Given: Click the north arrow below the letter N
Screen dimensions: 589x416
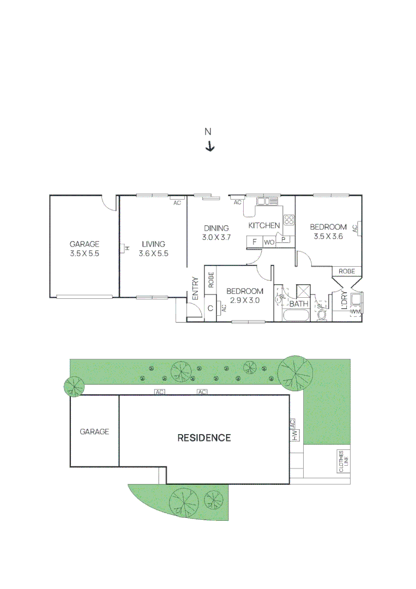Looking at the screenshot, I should [x=210, y=146].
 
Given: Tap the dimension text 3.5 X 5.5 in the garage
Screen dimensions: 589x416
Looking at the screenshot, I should [x=84, y=254].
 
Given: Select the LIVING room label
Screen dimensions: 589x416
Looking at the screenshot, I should [x=154, y=244].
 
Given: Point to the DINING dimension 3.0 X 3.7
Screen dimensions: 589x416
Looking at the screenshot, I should [x=217, y=237].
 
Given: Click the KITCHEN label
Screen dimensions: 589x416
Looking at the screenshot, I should [x=264, y=225].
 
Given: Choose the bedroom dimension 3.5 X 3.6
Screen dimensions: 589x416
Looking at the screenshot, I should [x=328, y=236].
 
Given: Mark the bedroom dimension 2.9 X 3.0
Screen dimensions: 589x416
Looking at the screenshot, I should [x=244, y=300].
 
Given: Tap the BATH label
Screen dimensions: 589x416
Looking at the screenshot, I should [x=299, y=304].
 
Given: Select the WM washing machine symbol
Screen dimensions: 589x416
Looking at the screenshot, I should [x=355, y=311].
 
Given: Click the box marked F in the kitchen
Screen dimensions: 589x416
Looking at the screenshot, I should [x=254, y=242].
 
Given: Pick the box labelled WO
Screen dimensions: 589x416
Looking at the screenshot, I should [x=269, y=242].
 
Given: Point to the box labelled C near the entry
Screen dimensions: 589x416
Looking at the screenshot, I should [x=210, y=308].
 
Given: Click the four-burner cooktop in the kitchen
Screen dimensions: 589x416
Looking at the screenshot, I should [x=289, y=220].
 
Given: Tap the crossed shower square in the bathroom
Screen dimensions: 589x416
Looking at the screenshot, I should [x=303, y=291].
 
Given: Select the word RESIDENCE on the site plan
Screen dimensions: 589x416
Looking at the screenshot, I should [x=204, y=437].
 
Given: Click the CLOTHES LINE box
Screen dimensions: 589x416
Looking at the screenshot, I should [x=343, y=461].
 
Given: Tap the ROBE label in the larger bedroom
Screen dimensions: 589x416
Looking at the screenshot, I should [x=347, y=271].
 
